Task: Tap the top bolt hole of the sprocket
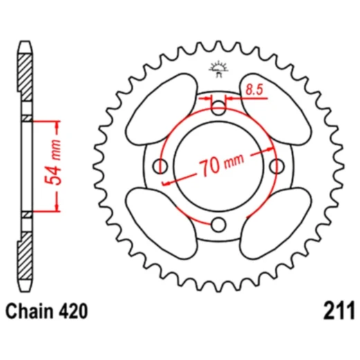[219, 108]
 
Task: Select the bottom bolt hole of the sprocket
[219, 224]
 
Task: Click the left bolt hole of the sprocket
[161, 166]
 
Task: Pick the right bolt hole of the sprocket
[278, 166]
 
